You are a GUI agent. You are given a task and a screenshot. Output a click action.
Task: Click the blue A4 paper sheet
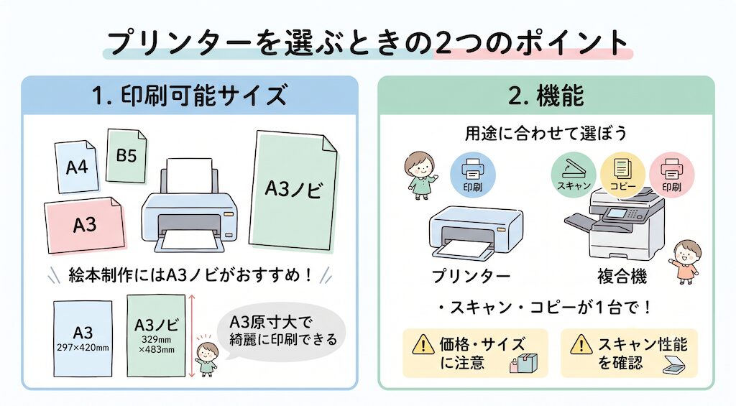click(77, 166)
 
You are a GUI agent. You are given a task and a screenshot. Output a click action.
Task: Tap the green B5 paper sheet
click(126, 156)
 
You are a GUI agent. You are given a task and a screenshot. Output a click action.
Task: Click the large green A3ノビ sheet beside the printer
click(294, 190)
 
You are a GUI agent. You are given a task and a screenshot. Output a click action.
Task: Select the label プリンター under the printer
click(471, 276)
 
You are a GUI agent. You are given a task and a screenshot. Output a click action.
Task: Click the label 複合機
click(622, 276)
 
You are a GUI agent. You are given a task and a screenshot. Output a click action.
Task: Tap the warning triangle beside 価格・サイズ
click(423, 344)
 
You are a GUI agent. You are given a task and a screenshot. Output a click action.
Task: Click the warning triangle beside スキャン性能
click(581, 344)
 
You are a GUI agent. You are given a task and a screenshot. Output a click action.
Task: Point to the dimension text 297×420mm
click(83, 348)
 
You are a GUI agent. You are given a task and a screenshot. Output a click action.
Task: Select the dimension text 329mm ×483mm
click(156, 344)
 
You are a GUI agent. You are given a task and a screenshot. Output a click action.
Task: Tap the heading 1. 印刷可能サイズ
click(189, 96)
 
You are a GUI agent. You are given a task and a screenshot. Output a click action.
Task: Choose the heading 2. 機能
click(546, 96)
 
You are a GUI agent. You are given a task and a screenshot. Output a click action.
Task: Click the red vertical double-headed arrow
click(191, 336)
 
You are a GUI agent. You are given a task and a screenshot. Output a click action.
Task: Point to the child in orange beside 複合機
click(686, 262)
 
